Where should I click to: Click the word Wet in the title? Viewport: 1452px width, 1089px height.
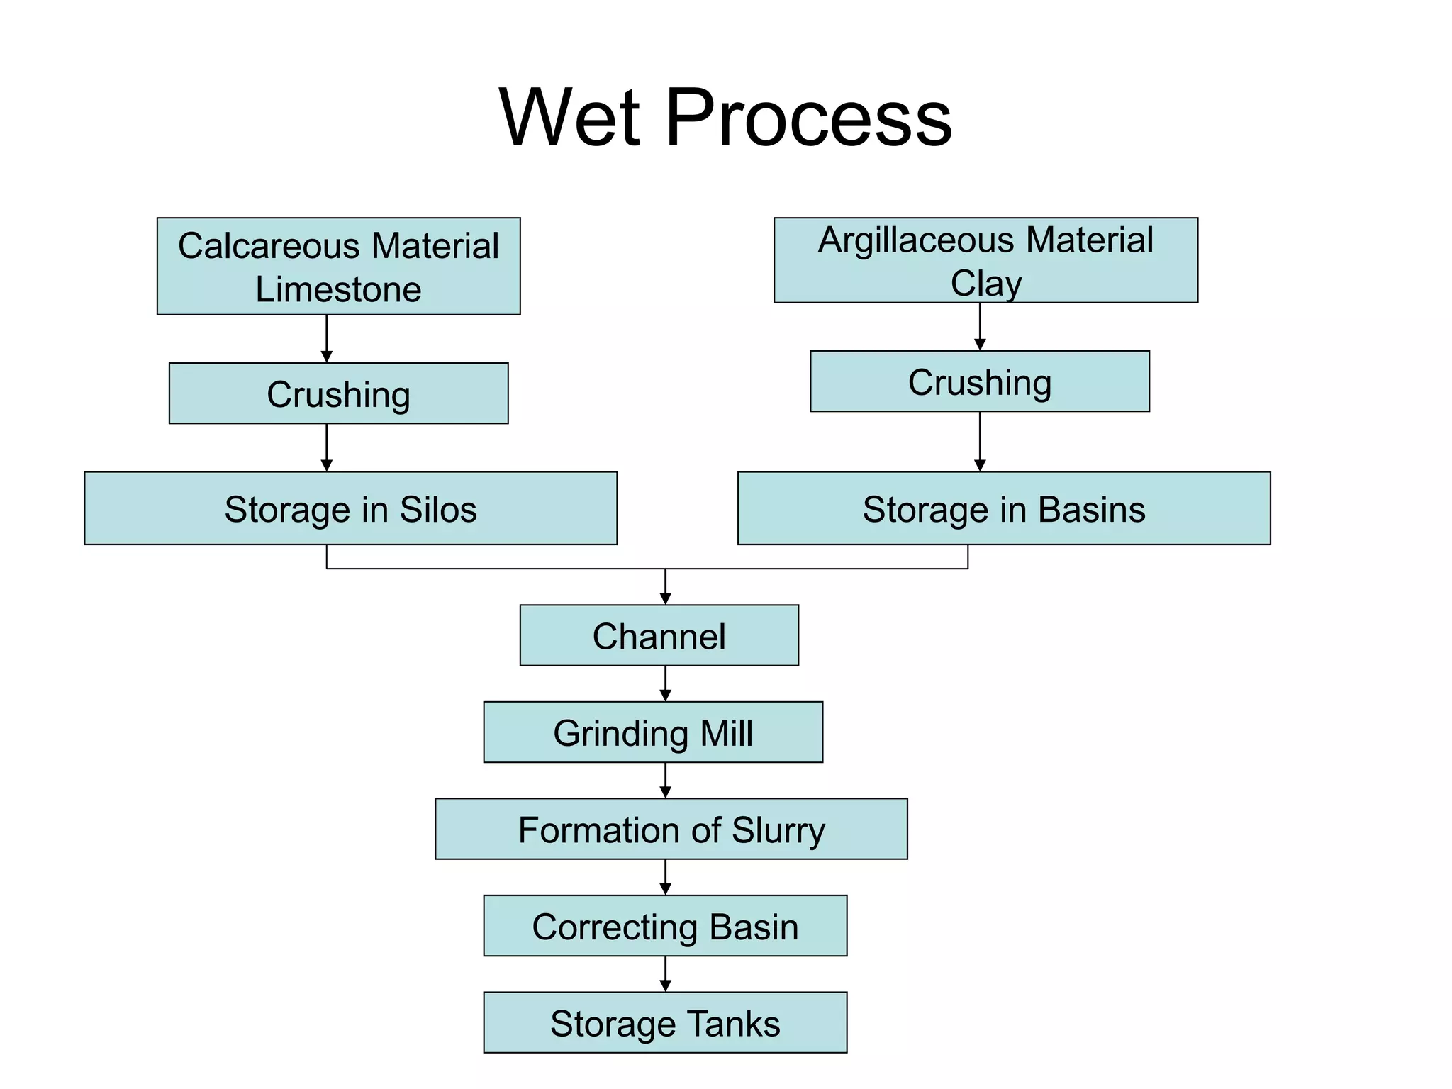click(x=570, y=118)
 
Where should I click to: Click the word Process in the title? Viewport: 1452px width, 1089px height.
click(x=808, y=118)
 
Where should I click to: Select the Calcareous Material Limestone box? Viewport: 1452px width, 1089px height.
click(x=338, y=267)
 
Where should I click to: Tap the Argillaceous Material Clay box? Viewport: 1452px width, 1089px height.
click(x=985, y=260)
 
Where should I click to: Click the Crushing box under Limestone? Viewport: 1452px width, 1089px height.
click(x=338, y=393)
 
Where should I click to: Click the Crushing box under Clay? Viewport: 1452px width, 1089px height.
click(x=979, y=381)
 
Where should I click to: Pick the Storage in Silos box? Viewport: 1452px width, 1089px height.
click(x=350, y=508)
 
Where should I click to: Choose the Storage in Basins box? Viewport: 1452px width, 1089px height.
click(x=1003, y=508)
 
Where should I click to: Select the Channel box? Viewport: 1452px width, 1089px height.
click(x=659, y=635)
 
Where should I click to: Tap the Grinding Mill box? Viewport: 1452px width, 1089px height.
click(x=653, y=732)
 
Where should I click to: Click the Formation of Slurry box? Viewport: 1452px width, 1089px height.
click(x=671, y=830)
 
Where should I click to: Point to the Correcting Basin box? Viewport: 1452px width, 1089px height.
click(x=665, y=926)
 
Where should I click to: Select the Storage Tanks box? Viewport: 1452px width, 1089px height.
click(x=665, y=1022)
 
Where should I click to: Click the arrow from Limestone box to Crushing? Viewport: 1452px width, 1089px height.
click(x=327, y=340)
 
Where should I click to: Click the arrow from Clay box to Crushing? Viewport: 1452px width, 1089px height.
click(x=980, y=328)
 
